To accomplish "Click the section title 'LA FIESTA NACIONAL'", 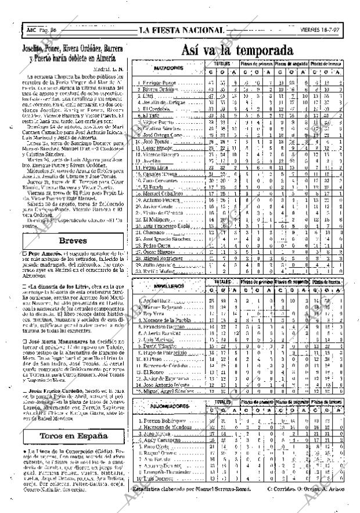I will coord(182,30).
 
